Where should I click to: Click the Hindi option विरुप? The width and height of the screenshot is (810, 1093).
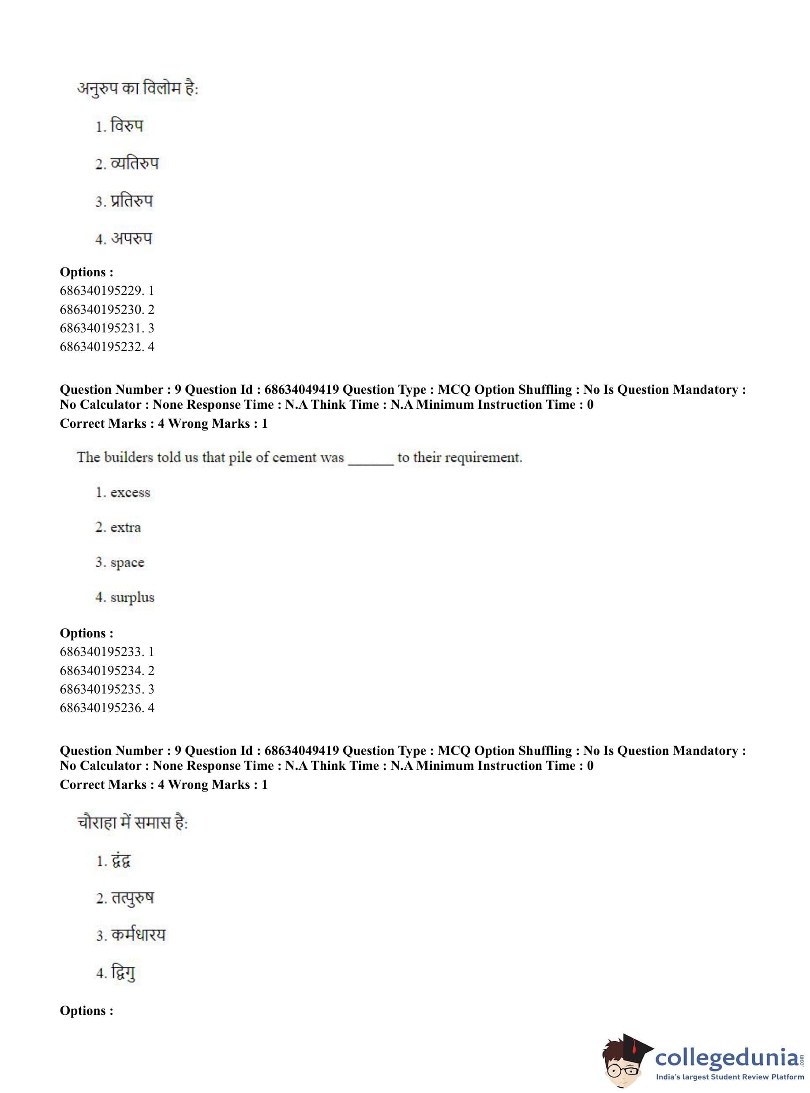[x=127, y=126]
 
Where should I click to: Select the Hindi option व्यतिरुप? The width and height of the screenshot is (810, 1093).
[x=135, y=163]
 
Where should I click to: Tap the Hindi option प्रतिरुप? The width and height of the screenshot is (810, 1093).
[x=131, y=201]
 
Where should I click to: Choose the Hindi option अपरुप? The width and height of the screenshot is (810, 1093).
[x=131, y=239]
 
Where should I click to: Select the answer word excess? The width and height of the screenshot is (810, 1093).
[x=130, y=493]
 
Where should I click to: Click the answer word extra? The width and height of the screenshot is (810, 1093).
[x=126, y=528]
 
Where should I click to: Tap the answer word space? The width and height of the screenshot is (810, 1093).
[x=127, y=563]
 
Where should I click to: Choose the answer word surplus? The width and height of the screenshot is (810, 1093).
[x=132, y=598]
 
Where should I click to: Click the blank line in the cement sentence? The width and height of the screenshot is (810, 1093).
[x=371, y=461]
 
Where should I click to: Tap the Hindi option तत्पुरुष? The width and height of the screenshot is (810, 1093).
[x=132, y=898]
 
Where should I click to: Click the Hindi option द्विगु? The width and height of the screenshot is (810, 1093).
[x=123, y=973]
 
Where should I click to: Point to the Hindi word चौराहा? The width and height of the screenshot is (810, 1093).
[x=97, y=823]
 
